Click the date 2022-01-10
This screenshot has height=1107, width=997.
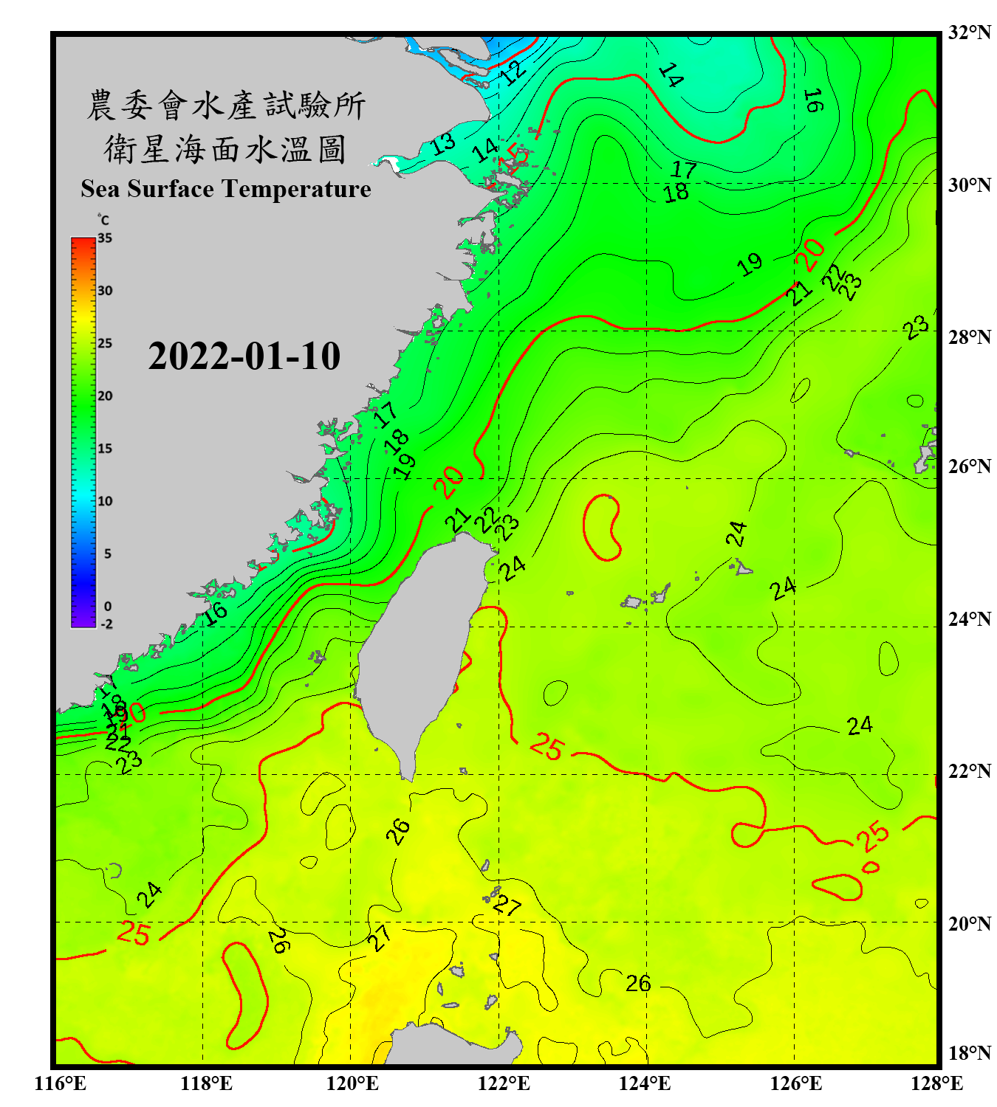244,356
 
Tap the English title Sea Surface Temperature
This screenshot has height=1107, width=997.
226,189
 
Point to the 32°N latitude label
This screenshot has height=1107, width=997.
969,32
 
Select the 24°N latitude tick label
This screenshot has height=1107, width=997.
969,619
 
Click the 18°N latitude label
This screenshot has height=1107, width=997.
969,1053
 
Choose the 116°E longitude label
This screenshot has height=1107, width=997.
61,1083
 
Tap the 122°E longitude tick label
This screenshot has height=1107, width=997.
504,1083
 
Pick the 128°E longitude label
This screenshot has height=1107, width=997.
936,1083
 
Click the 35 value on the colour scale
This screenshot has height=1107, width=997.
105,238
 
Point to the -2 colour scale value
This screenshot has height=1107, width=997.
106,624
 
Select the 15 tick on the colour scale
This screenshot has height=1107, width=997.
105,448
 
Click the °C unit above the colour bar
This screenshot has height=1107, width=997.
103,220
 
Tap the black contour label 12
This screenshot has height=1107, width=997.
513,72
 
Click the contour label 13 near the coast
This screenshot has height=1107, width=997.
443,143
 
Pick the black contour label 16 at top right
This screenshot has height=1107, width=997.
813,100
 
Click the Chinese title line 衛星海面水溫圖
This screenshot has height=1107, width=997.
225,149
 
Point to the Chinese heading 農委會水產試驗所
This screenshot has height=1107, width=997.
225,106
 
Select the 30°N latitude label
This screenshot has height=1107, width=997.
969,185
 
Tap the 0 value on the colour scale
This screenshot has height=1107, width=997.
108,607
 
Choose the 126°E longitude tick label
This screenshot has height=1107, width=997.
795,1083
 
